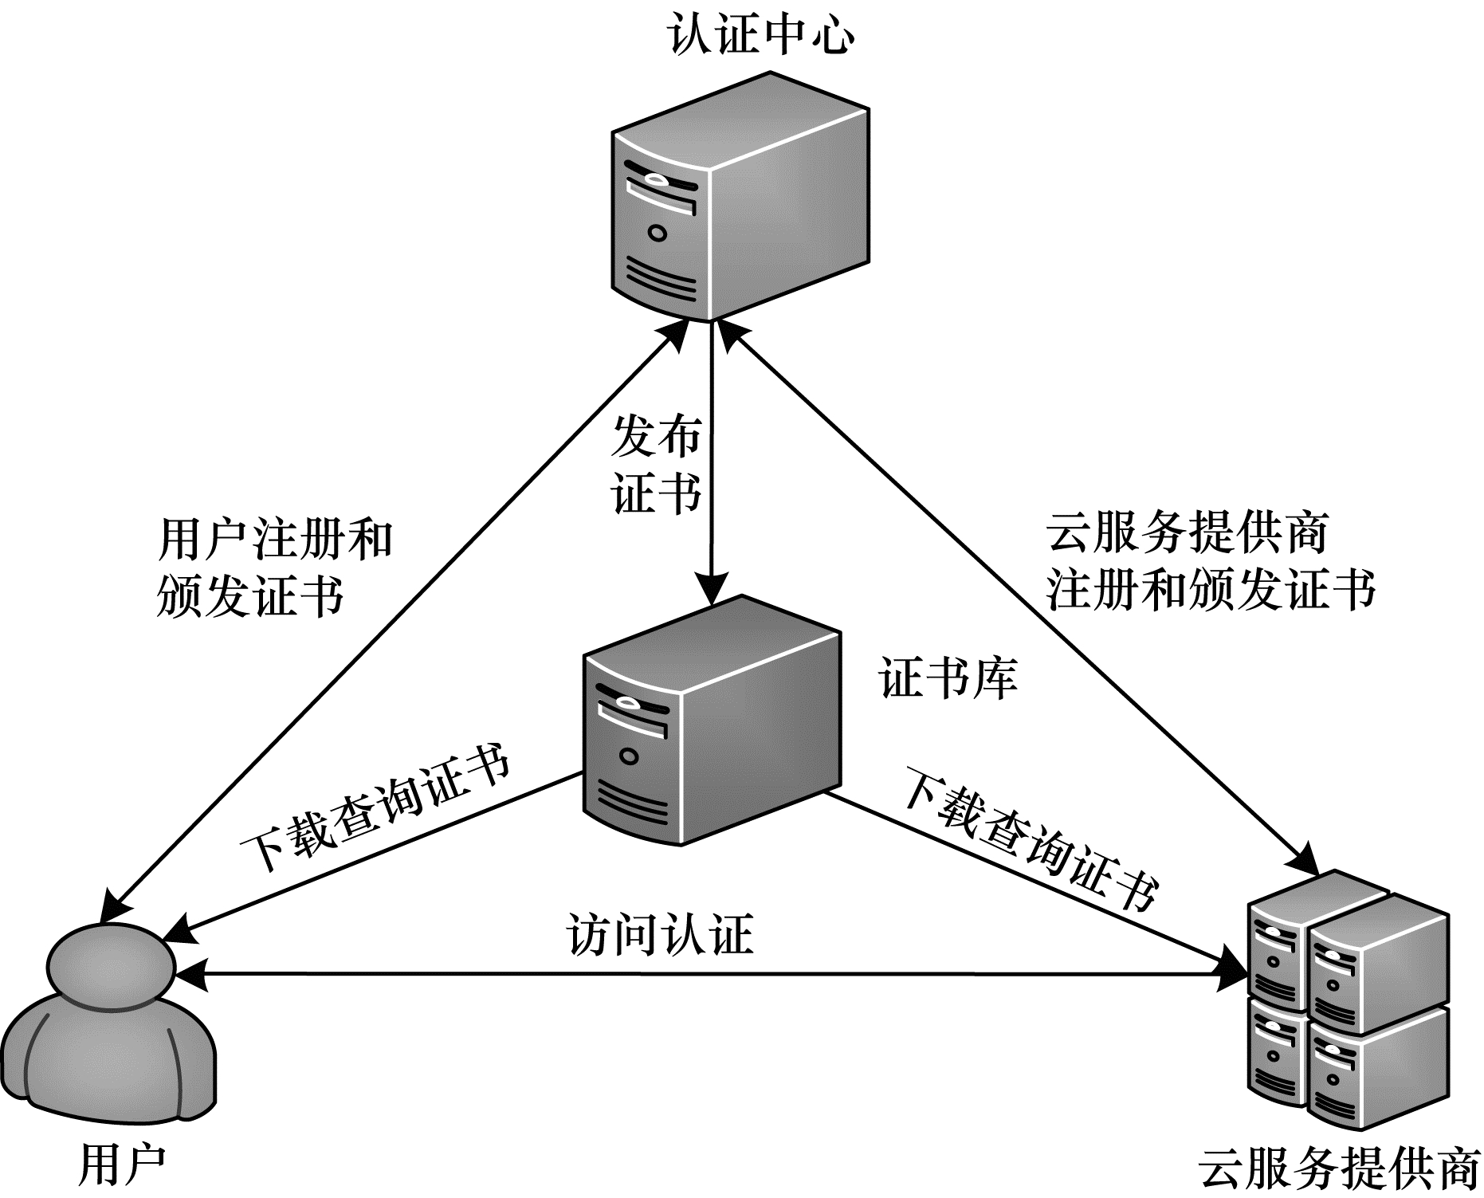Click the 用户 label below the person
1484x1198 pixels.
pos(121,1165)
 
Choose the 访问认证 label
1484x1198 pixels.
pos(660,934)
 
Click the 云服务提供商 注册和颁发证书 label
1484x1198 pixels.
pos(1211,561)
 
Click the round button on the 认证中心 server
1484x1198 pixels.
pos(657,233)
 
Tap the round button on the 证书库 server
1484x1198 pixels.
pos(629,756)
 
